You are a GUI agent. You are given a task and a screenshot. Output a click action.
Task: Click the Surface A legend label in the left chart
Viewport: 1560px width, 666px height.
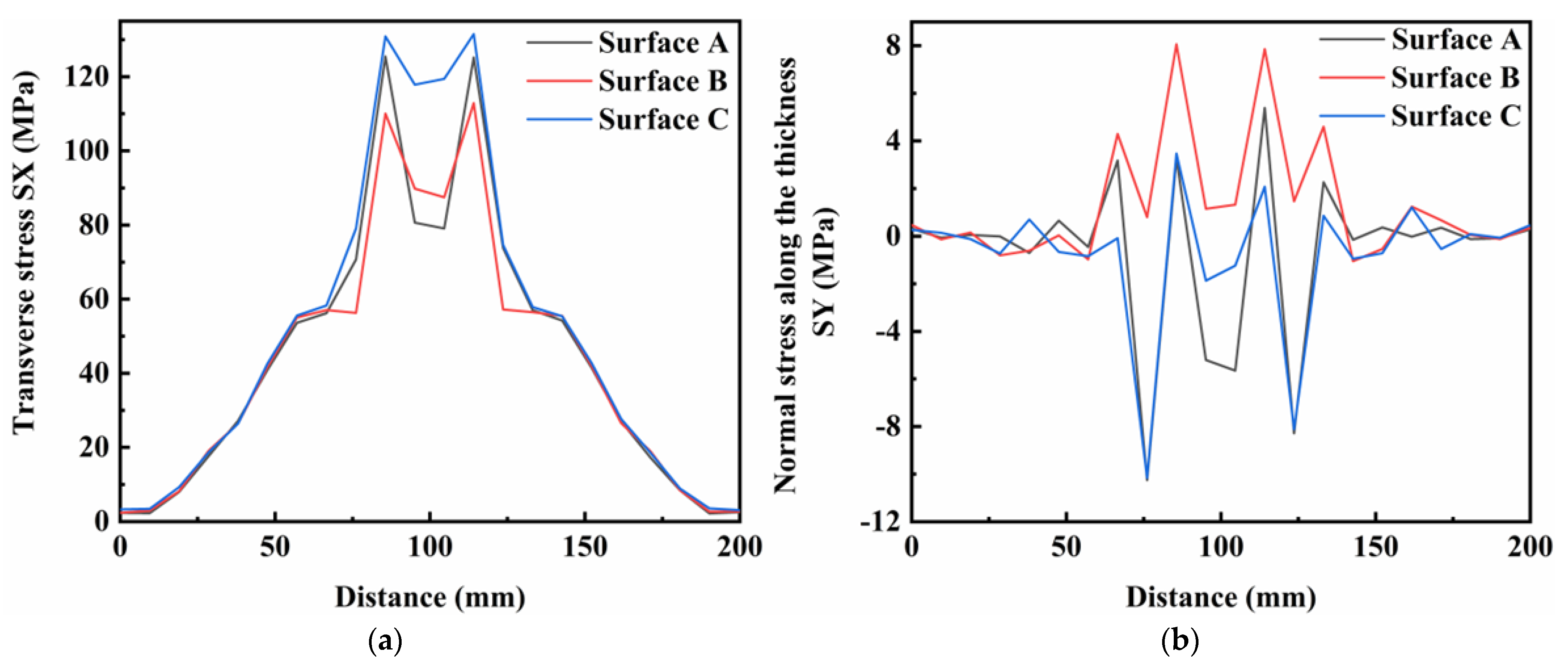click(x=663, y=43)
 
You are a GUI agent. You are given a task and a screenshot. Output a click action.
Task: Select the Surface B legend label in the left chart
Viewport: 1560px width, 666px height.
click(x=663, y=81)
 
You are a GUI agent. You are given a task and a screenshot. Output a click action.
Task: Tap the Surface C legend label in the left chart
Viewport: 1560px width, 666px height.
click(x=663, y=119)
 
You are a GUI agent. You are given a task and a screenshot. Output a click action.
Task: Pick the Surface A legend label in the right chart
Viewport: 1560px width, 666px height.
click(x=1455, y=40)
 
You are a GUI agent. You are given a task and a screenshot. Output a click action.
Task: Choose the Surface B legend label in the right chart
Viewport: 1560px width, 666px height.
click(x=1455, y=78)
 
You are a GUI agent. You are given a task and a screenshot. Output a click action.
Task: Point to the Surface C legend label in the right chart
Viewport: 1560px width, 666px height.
click(x=1455, y=116)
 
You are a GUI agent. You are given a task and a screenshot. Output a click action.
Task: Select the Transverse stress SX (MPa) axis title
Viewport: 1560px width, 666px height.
click(x=24, y=251)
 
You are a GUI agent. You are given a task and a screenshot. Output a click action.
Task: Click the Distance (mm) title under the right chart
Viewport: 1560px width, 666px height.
click(x=1221, y=597)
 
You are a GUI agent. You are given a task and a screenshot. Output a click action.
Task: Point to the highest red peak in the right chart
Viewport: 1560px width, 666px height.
click(x=1176, y=44)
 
